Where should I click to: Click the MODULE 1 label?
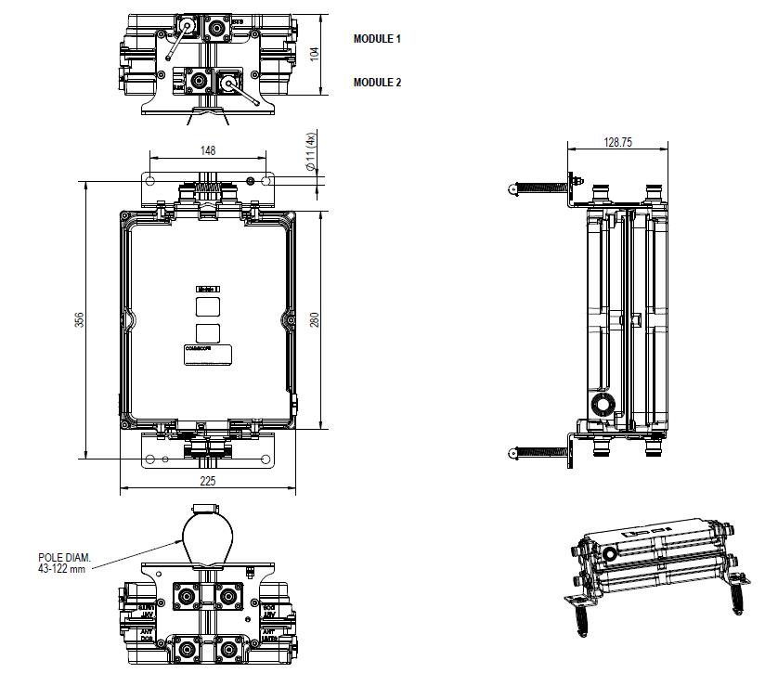pyautogui.click(x=377, y=39)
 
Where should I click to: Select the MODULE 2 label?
pyautogui.click(x=377, y=83)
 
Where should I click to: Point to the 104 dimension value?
pyautogui.click(x=314, y=54)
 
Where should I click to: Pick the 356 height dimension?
pyautogui.click(x=79, y=319)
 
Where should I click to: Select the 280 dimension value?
pyautogui.click(x=316, y=320)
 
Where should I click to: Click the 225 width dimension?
pyautogui.click(x=208, y=481)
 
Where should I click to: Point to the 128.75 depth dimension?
pyautogui.click(x=617, y=142)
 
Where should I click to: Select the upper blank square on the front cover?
pyautogui.click(x=208, y=307)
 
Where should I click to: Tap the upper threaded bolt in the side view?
pyautogui.click(x=539, y=188)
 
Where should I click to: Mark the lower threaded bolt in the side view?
pyautogui.click(x=539, y=453)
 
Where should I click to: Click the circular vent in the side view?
pyautogui.click(x=602, y=404)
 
